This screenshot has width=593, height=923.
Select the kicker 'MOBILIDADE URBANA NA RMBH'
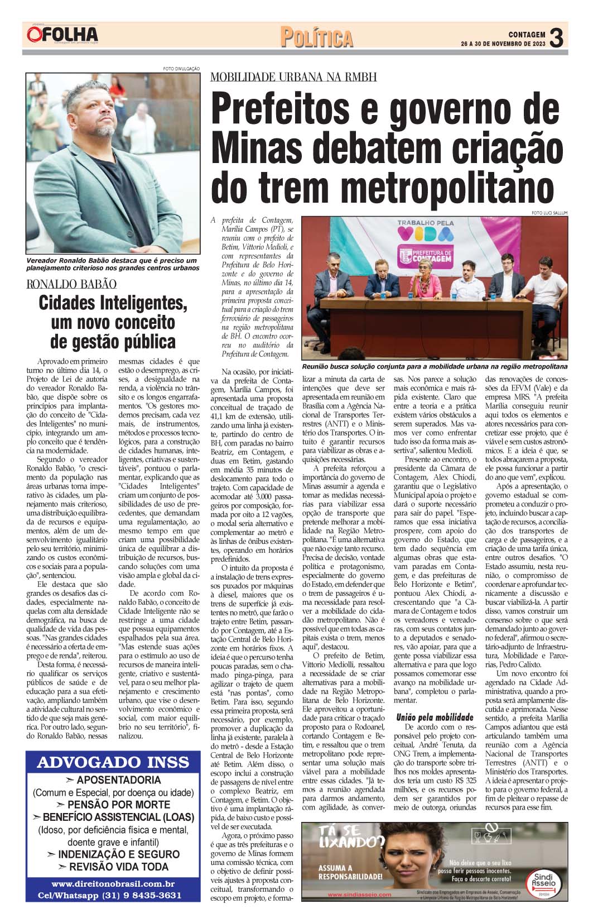point(293,77)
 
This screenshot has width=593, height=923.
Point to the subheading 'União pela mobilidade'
point(435,718)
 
